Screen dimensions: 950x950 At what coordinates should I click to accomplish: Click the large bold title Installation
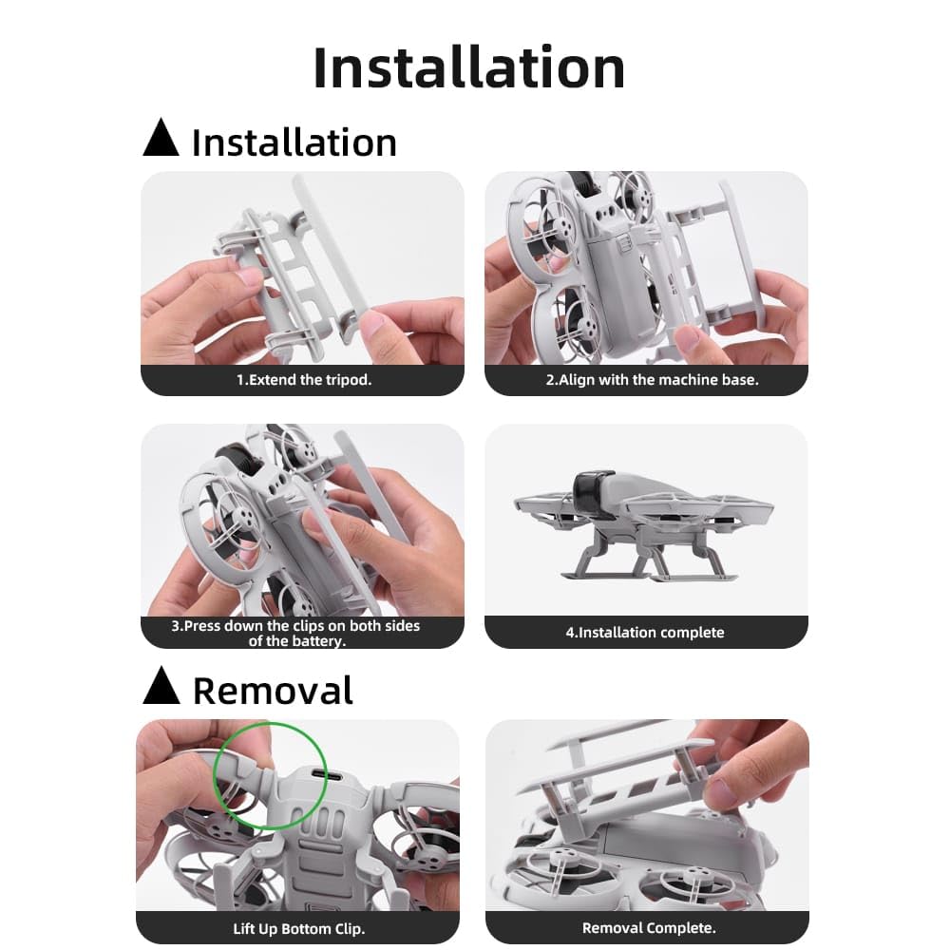coord(468,68)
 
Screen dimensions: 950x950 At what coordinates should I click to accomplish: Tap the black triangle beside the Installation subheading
coord(161,139)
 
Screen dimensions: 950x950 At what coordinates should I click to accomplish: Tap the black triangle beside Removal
coord(161,686)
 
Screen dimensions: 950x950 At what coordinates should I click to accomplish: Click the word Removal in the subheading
coord(273,691)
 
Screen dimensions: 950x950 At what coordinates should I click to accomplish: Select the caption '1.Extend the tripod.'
coord(303,379)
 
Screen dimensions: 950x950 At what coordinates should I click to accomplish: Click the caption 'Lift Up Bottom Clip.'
coord(298,927)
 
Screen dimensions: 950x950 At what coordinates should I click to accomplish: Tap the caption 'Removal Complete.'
coord(649,927)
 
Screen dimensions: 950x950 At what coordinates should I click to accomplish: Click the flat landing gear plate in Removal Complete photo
coord(608,760)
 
